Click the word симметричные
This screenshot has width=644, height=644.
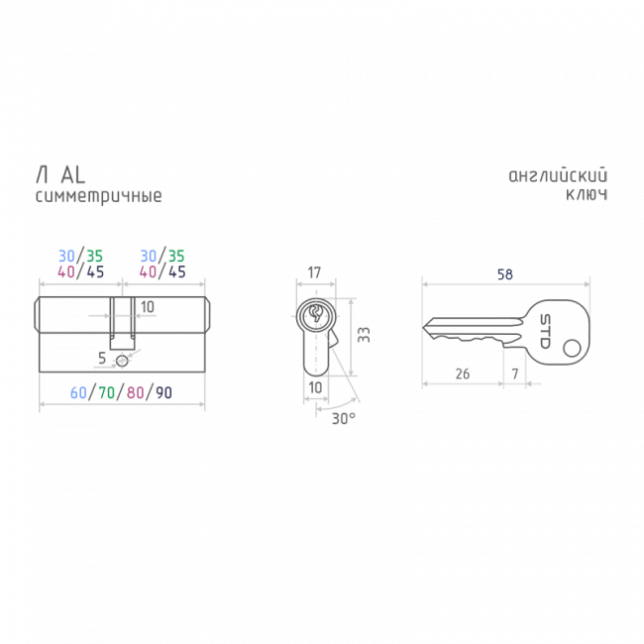pyautogui.click(x=98, y=196)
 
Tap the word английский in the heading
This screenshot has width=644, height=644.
pyautogui.click(x=558, y=175)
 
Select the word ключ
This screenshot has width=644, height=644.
pyautogui.click(x=587, y=194)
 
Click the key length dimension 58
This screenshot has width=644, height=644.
pyautogui.click(x=504, y=274)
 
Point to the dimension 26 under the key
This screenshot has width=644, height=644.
pyautogui.click(x=463, y=374)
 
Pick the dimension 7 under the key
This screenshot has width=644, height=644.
pyautogui.click(x=515, y=374)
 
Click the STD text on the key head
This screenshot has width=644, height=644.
pyautogui.click(x=545, y=332)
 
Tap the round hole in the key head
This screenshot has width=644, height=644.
pyautogui.click(x=572, y=349)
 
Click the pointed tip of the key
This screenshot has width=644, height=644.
pyautogui.click(x=423, y=327)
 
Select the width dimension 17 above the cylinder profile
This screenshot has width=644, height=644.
pyautogui.click(x=314, y=272)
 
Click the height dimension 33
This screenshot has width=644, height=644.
pyautogui.click(x=364, y=335)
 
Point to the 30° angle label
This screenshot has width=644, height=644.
pyautogui.click(x=344, y=418)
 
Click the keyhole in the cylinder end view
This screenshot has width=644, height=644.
pyautogui.click(x=316, y=313)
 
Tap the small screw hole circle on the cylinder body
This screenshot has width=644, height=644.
pyautogui.click(x=122, y=361)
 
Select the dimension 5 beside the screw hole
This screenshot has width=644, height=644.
pyautogui.click(x=102, y=358)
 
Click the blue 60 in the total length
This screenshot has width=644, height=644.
pyautogui.click(x=78, y=392)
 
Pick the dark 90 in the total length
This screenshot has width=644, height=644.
pyautogui.click(x=163, y=392)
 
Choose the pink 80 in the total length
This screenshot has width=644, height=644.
pyautogui.click(x=135, y=392)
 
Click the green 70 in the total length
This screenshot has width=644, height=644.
pyautogui.click(x=107, y=392)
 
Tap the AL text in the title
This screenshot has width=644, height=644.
pyautogui.click(x=73, y=175)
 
